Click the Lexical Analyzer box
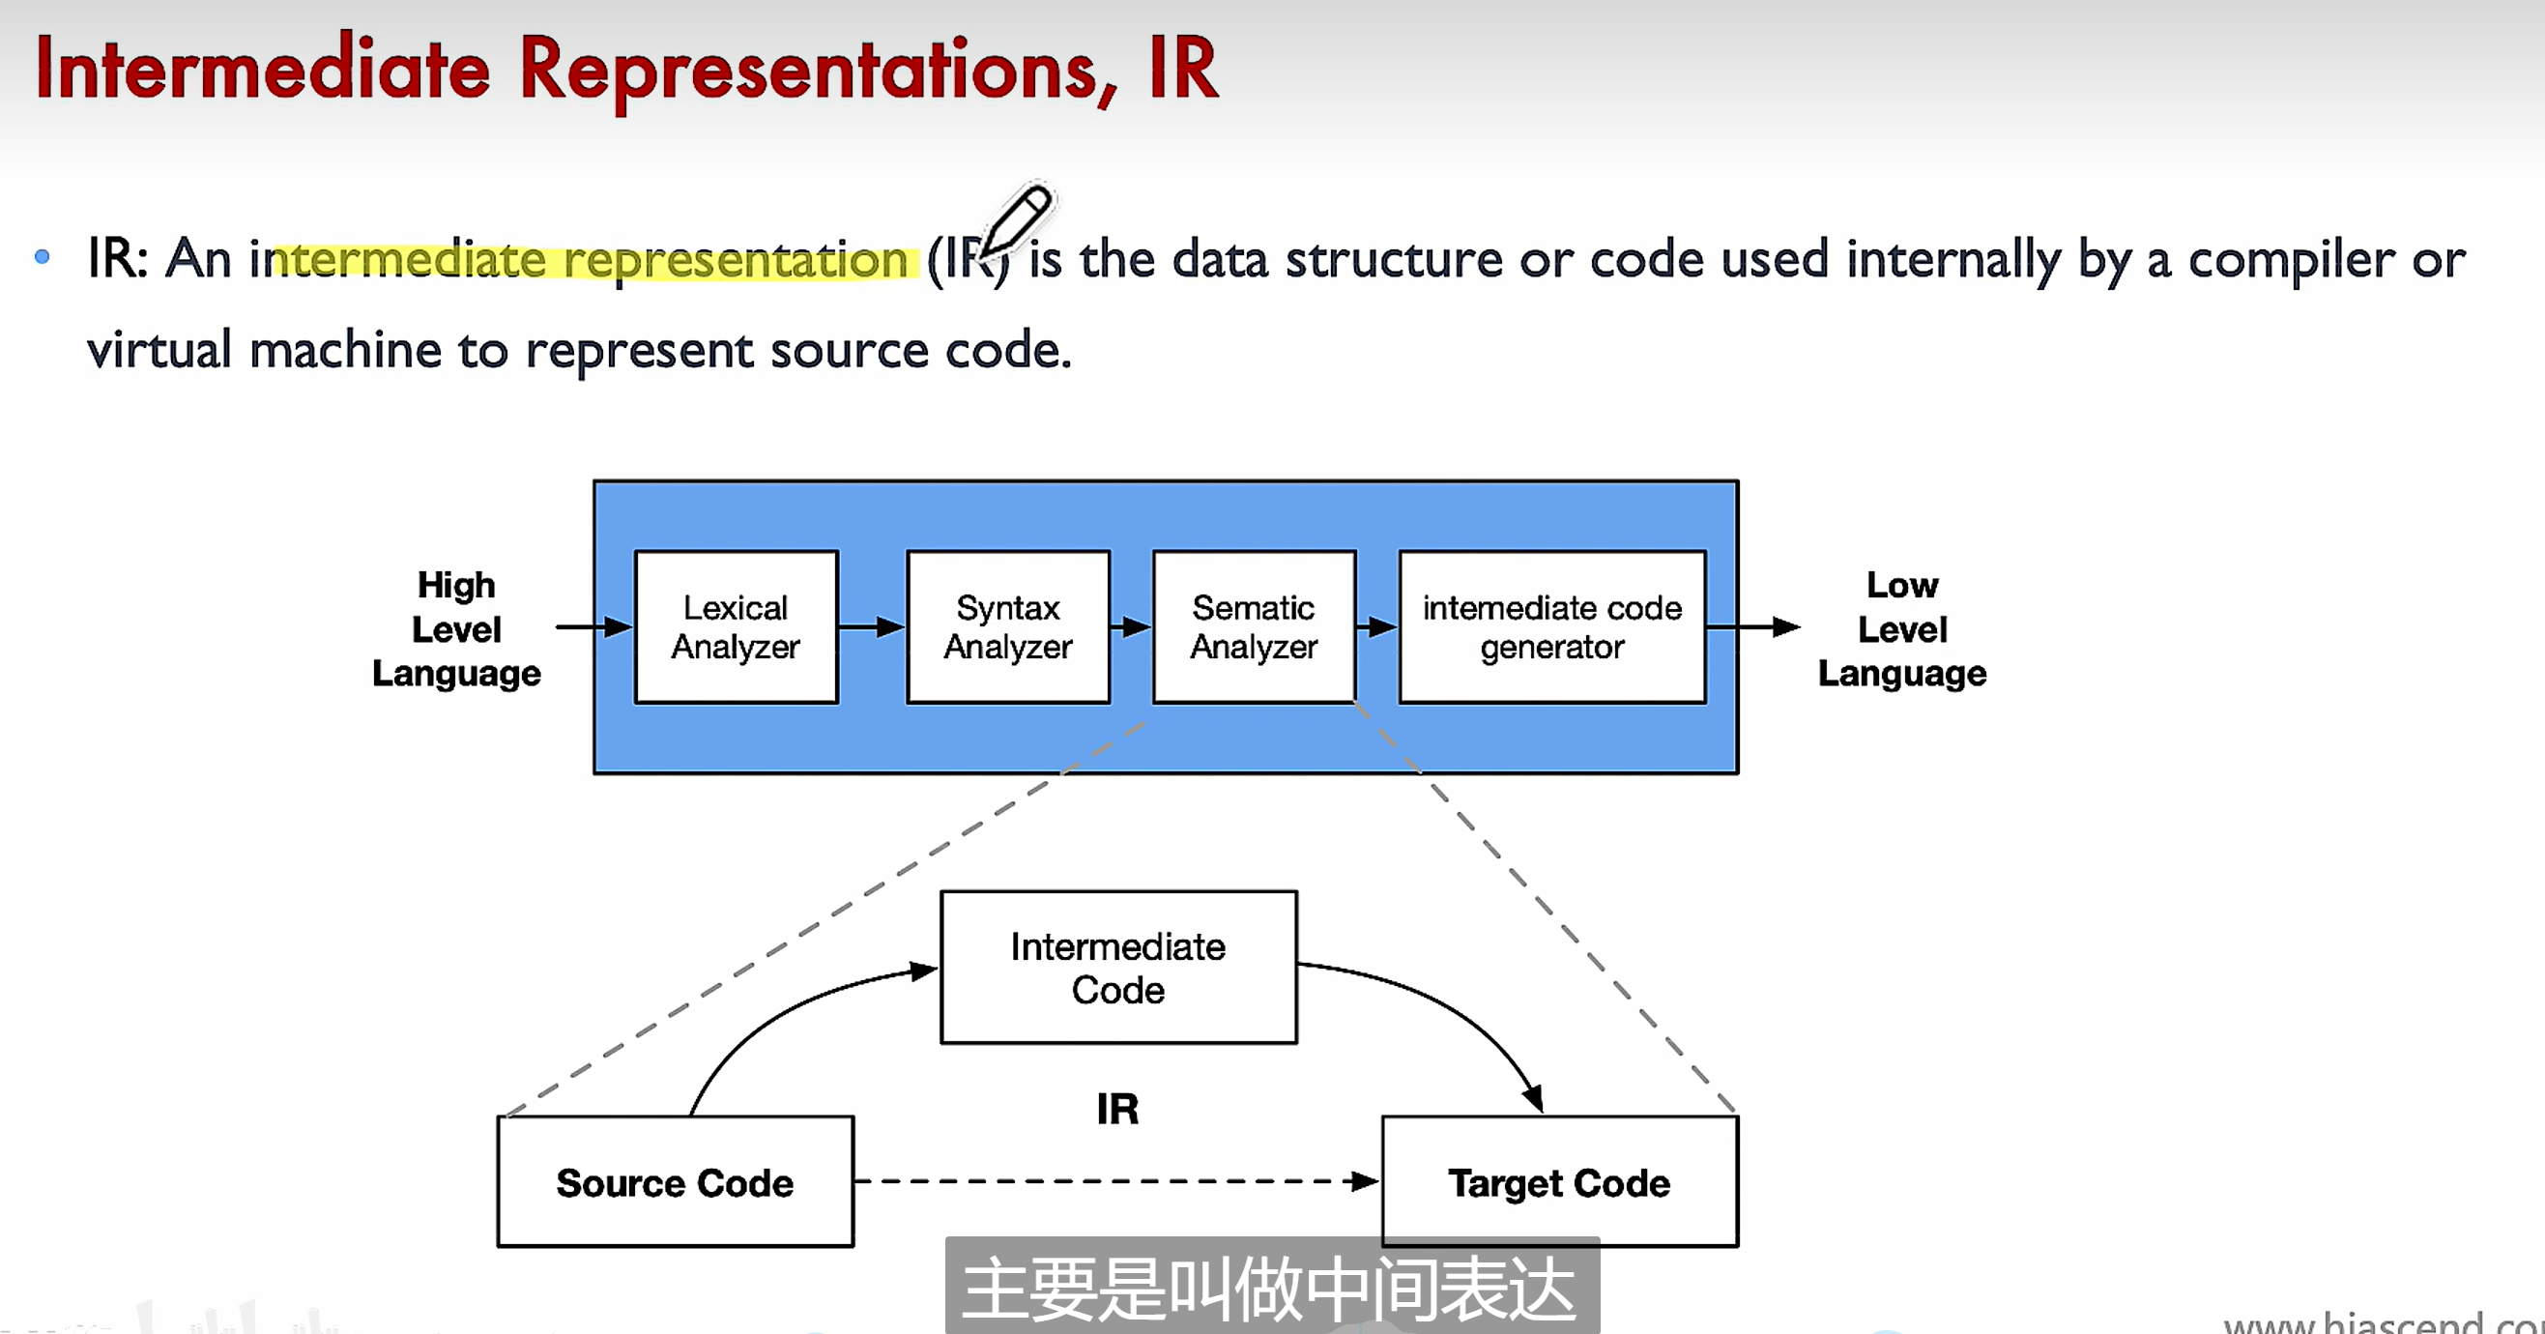tap(736, 626)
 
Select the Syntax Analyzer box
tap(1008, 626)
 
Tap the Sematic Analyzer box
tap(1254, 626)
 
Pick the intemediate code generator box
tap(1552, 626)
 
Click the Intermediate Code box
tap(1118, 968)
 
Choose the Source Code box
tap(675, 1182)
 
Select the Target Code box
tap(1559, 1182)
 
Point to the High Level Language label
tap(456, 628)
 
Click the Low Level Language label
tap(1902, 628)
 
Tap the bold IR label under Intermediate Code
tap(1117, 1109)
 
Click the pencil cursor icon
tap(1018, 219)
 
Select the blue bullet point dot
tap(42, 257)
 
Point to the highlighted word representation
tap(735, 261)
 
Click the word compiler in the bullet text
tap(2291, 261)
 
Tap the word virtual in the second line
tap(159, 351)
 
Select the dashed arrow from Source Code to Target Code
tap(1116, 1181)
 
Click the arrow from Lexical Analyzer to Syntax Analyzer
tap(872, 626)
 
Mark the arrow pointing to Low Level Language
tap(1753, 626)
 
